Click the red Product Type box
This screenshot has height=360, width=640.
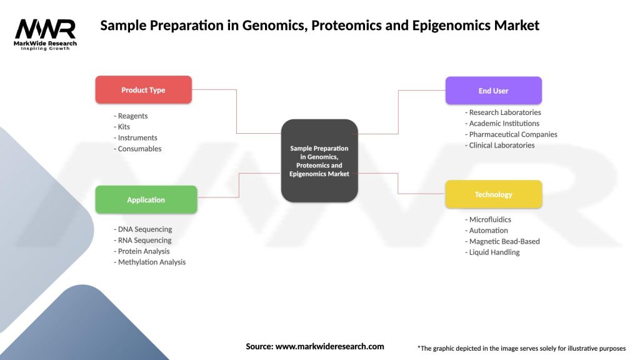point(143,90)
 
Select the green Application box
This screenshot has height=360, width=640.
point(146,200)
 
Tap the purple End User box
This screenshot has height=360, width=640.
point(493,91)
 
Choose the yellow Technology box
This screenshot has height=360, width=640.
point(493,194)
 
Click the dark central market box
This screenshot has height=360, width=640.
point(319,161)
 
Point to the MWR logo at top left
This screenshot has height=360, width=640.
point(46,30)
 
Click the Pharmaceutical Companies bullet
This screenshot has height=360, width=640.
point(511,134)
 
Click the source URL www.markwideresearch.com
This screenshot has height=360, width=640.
point(329,346)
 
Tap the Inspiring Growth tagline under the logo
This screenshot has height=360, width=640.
point(46,48)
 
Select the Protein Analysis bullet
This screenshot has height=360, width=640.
point(145,251)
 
